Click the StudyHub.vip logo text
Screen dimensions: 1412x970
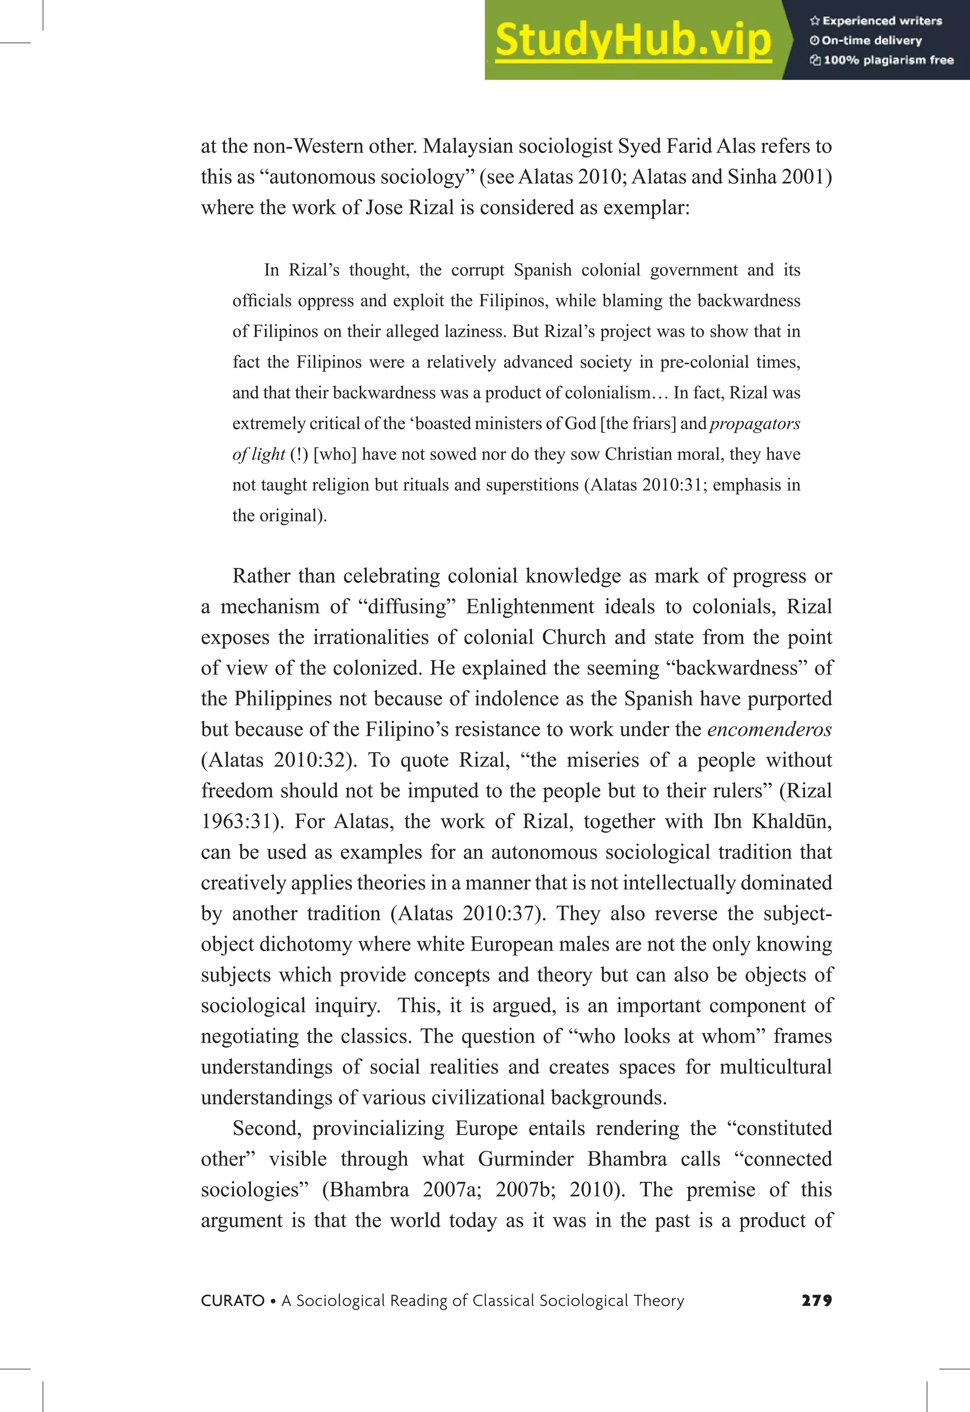633,40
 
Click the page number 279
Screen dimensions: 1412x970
816,1300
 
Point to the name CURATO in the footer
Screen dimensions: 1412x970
233,1300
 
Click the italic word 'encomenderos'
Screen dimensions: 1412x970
769,729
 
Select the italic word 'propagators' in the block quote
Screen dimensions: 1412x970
755,423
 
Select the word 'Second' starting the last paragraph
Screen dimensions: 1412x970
266,1128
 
